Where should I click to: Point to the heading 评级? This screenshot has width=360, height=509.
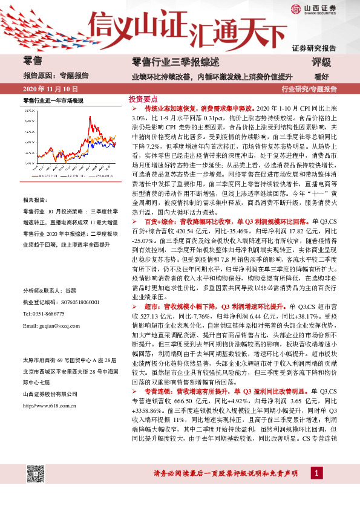[321, 62]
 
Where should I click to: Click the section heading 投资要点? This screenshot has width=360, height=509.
[143, 98]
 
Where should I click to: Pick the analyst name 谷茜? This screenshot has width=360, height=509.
[71, 291]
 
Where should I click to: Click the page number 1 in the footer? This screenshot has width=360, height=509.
[315, 489]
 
